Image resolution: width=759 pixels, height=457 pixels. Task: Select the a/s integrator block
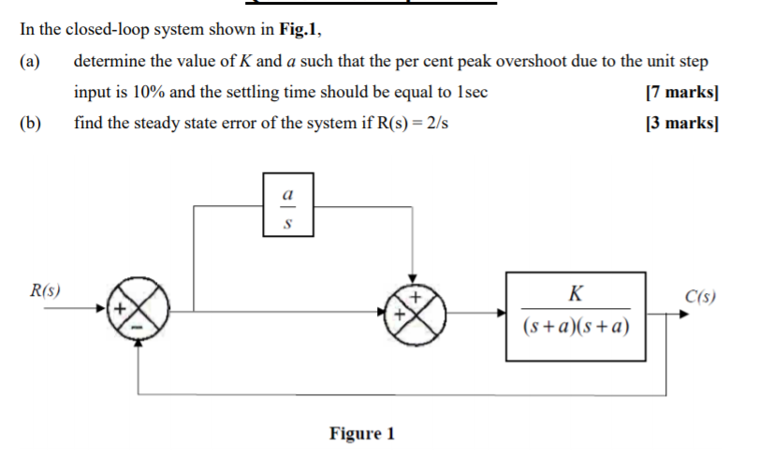click(x=287, y=203)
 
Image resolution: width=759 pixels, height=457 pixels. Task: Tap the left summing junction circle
click(x=139, y=308)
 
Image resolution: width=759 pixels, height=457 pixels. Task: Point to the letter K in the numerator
click(x=575, y=295)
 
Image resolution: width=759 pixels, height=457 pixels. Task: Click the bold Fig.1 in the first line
click(x=299, y=29)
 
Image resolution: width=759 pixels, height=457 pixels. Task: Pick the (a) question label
click(x=31, y=62)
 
